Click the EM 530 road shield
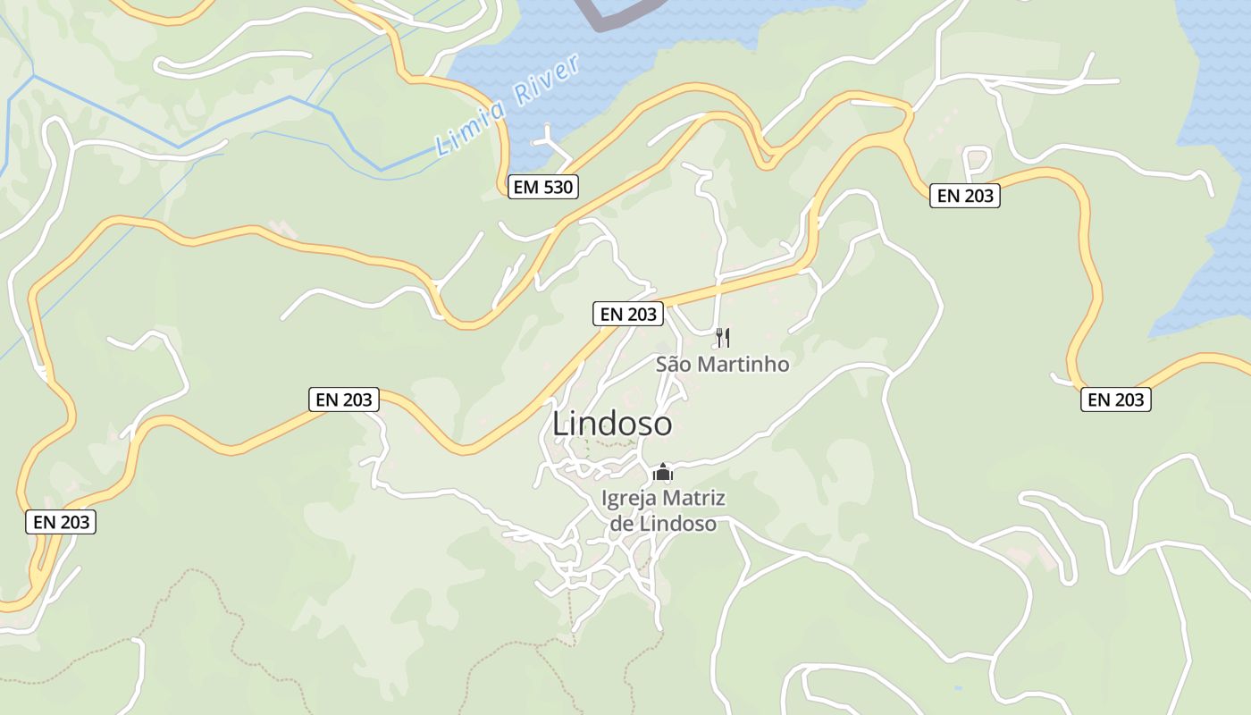543,187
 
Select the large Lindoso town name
612,423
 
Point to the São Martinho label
723,364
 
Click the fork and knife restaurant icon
723,338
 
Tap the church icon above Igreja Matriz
662,472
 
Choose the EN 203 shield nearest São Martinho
629,314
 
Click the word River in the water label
548,81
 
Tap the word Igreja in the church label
630,499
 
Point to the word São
674,364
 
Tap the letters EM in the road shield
525,187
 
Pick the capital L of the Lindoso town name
561,424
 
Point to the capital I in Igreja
606,499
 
